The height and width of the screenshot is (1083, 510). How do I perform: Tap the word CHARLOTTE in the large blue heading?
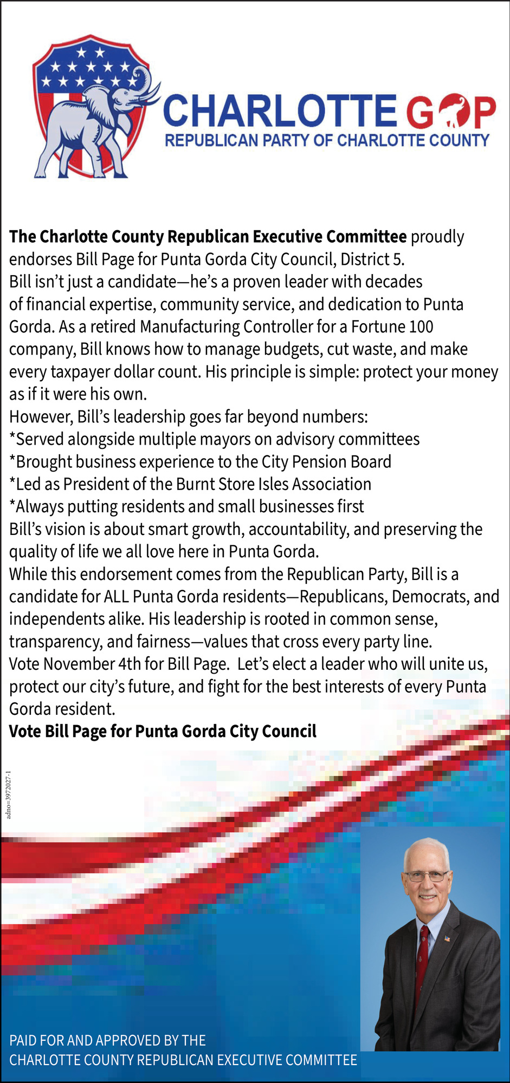coord(280,112)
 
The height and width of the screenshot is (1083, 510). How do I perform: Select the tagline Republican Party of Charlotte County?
coord(327,141)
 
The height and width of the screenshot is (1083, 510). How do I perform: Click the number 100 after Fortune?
coord(422,327)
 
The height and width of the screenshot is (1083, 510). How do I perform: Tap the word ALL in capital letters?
coord(116,596)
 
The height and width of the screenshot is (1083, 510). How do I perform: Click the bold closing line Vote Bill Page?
coord(163,732)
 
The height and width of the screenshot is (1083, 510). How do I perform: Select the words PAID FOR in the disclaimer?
coord(36,1040)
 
